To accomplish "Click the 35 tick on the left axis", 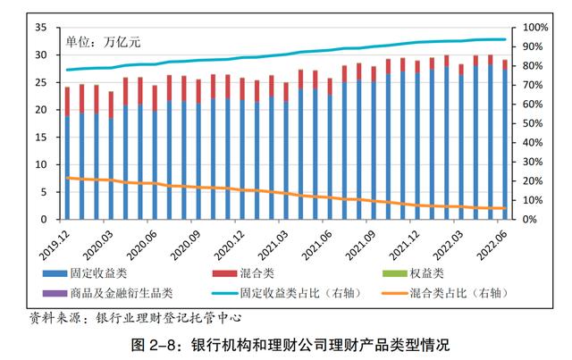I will point(39,28).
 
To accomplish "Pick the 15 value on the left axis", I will point(39,138).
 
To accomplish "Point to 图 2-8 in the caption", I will point(152,344).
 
